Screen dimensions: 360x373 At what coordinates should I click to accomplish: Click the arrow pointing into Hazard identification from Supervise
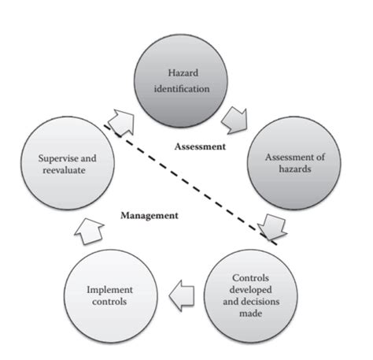pos(120,123)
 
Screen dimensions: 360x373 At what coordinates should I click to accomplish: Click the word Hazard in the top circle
pos(186,73)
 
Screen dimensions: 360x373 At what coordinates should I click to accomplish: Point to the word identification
pos(186,88)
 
